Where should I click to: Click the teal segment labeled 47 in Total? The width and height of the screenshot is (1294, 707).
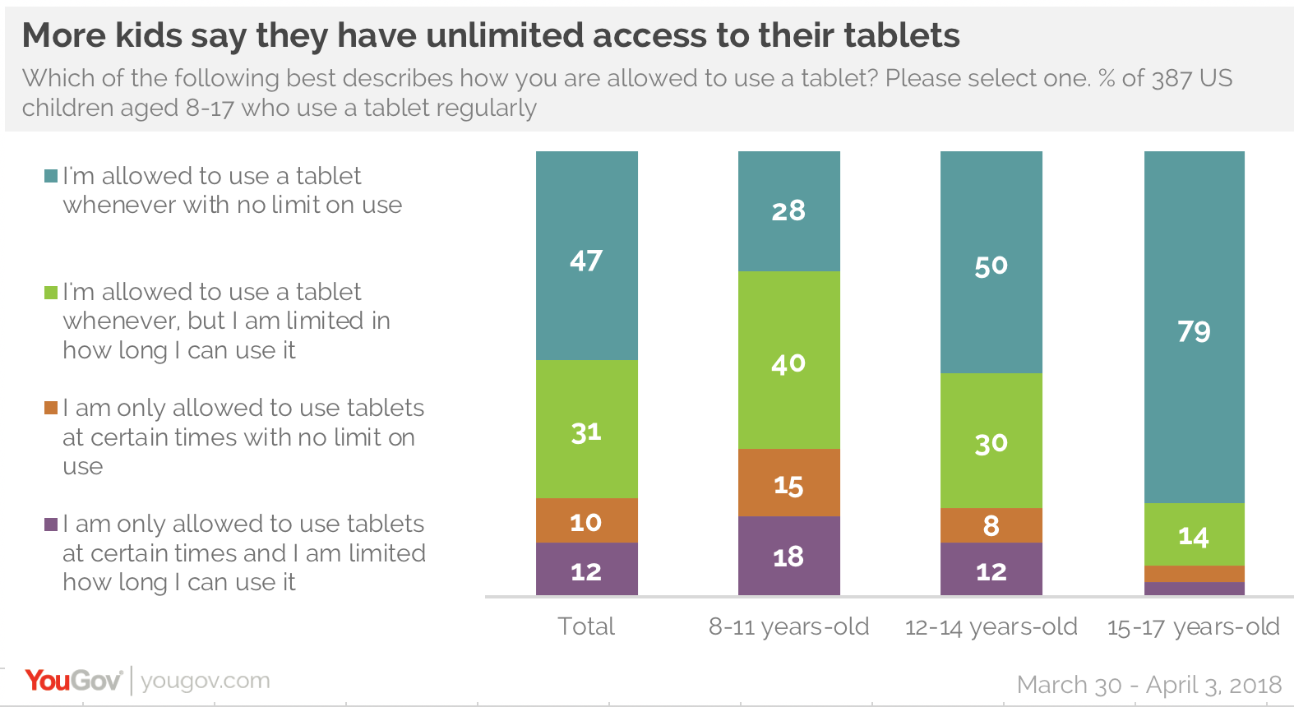pyautogui.click(x=586, y=256)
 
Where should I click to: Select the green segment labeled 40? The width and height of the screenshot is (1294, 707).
pyautogui.click(x=788, y=360)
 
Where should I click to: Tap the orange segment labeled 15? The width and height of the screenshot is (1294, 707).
pyautogui.click(x=788, y=483)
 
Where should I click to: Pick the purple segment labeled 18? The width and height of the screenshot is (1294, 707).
pyautogui.click(x=788, y=556)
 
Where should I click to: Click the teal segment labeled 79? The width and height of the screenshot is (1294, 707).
pyautogui.click(x=1194, y=327)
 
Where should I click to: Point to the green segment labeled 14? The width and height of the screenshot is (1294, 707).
pyautogui.click(x=1194, y=534)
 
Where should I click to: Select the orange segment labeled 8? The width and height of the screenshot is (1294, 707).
pyautogui.click(x=991, y=525)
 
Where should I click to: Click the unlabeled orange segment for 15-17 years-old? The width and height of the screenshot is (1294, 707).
pyautogui.click(x=1194, y=574)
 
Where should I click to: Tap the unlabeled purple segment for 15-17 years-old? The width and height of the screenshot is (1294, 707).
pyautogui.click(x=1194, y=589)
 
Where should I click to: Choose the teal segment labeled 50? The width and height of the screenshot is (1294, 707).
pyautogui.click(x=991, y=262)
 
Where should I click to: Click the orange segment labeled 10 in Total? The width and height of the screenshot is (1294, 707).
pyautogui.click(x=586, y=520)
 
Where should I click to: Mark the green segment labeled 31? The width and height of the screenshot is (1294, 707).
pyautogui.click(x=586, y=429)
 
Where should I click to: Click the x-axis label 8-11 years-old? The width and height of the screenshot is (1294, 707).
pyautogui.click(x=788, y=626)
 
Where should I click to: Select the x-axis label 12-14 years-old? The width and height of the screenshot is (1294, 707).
pyautogui.click(x=991, y=626)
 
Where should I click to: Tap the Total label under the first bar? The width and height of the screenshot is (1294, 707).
pyautogui.click(x=586, y=626)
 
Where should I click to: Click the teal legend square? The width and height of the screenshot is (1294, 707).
pyautogui.click(x=51, y=176)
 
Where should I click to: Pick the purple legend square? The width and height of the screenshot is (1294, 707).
pyautogui.click(x=51, y=524)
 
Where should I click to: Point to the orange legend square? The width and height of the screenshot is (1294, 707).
pyautogui.click(x=51, y=408)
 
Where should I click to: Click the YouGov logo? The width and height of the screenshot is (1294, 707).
pyautogui.click(x=73, y=681)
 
